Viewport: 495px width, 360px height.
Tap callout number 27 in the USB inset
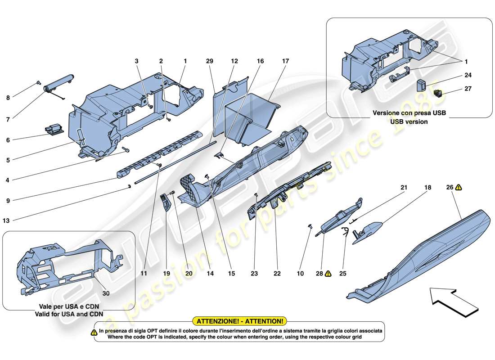(468, 89)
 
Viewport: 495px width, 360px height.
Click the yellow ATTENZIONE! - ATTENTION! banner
(239, 321)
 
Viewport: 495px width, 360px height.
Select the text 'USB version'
(409, 121)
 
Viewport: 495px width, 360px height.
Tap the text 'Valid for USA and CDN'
(69, 314)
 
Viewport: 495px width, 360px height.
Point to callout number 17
(285, 61)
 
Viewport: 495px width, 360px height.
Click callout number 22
(277, 273)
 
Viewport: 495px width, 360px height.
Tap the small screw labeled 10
(310, 226)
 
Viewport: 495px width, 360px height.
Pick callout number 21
(404, 187)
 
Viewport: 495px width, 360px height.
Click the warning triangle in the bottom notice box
(94, 333)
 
